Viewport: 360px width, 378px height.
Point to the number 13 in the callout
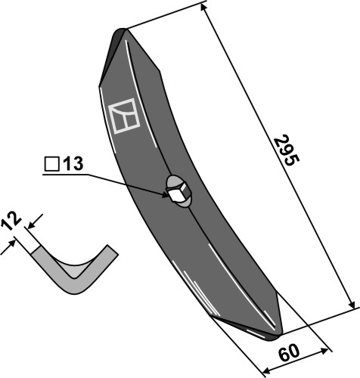75,163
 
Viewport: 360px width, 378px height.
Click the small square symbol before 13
52,163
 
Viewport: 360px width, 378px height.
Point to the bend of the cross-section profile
74,286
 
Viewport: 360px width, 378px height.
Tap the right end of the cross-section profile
112,249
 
